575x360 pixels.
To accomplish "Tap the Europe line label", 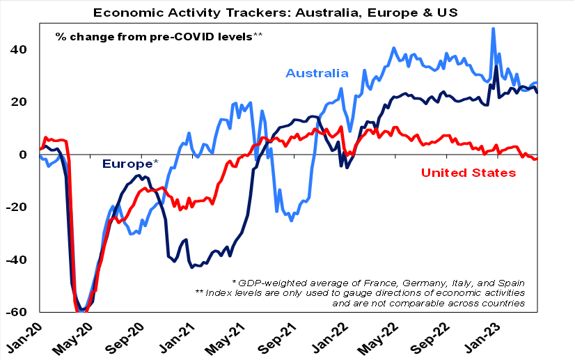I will [129, 164].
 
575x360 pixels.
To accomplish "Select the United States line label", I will [470, 172].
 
